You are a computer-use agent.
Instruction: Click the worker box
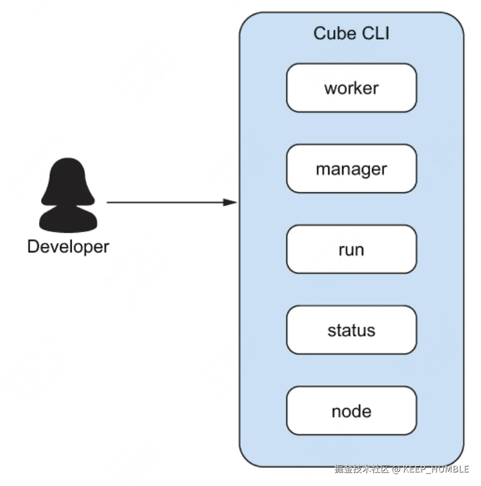351,87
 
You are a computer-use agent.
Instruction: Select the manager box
351,168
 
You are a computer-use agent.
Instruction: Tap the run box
351,249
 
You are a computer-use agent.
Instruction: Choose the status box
351,330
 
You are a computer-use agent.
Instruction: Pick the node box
351,410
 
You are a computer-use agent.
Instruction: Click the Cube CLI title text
351,33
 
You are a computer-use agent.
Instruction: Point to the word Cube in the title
334,33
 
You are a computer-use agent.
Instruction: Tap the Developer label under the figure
68,247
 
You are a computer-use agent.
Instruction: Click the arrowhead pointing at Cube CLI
229,202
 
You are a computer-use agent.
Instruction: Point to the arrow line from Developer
172,202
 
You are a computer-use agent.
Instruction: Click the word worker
351,88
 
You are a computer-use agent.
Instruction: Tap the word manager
351,170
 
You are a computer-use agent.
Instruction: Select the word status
351,330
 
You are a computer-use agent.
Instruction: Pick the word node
351,411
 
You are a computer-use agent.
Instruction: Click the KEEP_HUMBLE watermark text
435,469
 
